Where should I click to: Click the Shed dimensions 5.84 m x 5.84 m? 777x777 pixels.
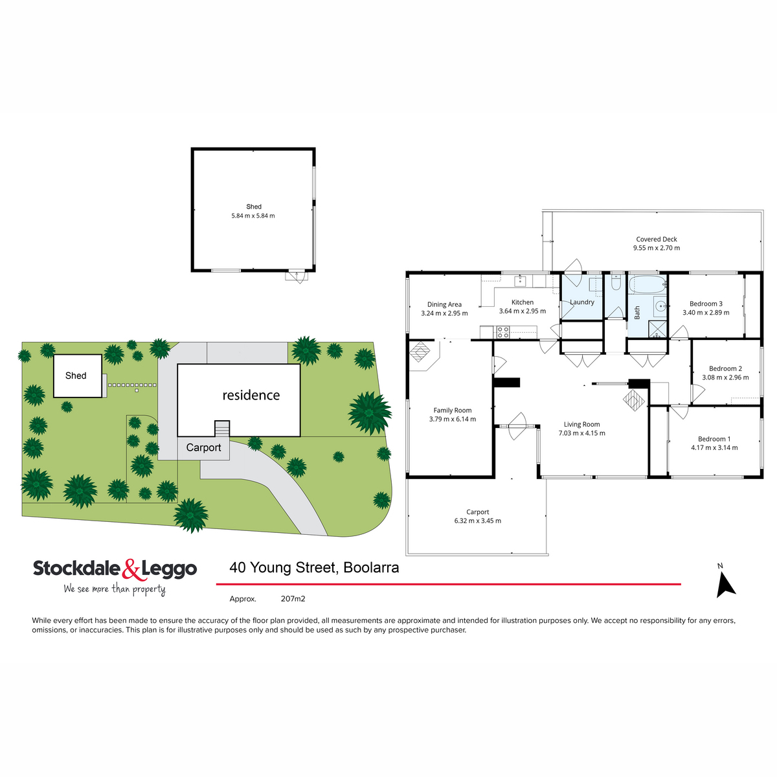253,216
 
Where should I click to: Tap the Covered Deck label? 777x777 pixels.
657,240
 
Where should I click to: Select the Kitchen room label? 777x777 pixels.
523,302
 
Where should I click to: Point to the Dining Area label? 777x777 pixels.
444,304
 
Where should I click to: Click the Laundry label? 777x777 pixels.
582,302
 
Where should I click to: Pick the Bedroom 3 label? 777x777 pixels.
706,304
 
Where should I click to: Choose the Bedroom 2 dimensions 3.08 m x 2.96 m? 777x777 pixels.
725,377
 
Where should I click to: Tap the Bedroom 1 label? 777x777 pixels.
714,439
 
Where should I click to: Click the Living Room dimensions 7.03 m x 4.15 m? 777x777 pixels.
581,433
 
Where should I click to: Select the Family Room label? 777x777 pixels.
453,411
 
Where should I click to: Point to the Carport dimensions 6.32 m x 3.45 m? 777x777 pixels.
478,521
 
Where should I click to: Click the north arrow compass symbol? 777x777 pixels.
725,582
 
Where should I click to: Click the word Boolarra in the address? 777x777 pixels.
371,568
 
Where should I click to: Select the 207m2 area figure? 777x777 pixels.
293,599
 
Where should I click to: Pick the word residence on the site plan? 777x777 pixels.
251,395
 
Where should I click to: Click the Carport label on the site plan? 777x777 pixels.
203,447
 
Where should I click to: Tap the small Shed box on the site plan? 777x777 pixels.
76,376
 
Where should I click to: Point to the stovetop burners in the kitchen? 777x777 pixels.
502,332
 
